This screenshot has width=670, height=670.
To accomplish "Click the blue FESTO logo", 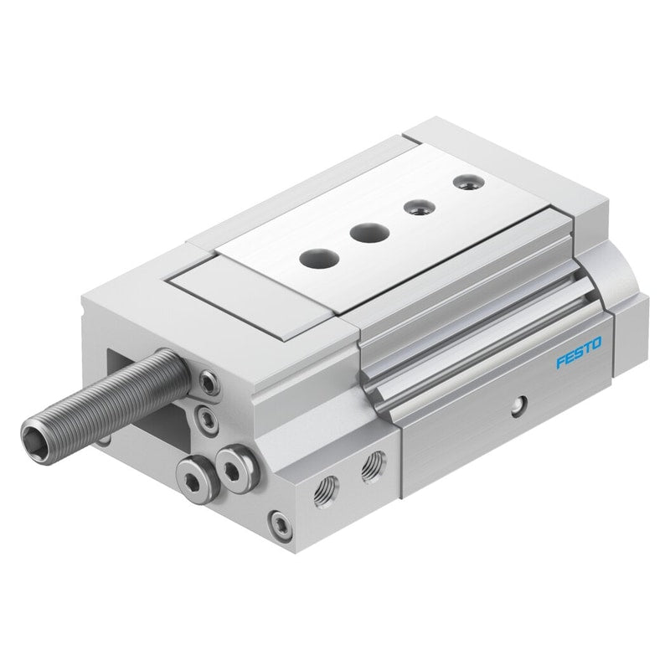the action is [x=579, y=352].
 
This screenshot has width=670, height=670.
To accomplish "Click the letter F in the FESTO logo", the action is [x=560, y=362].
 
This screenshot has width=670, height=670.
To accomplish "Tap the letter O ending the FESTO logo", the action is [x=596, y=343].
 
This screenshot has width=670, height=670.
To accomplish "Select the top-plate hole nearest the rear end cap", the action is [x=469, y=183].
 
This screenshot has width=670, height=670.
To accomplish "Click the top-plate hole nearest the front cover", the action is [x=319, y=258].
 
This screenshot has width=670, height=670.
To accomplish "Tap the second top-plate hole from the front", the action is [x=369, y=233].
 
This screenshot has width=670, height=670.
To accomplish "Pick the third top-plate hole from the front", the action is [x=420, y=208].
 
